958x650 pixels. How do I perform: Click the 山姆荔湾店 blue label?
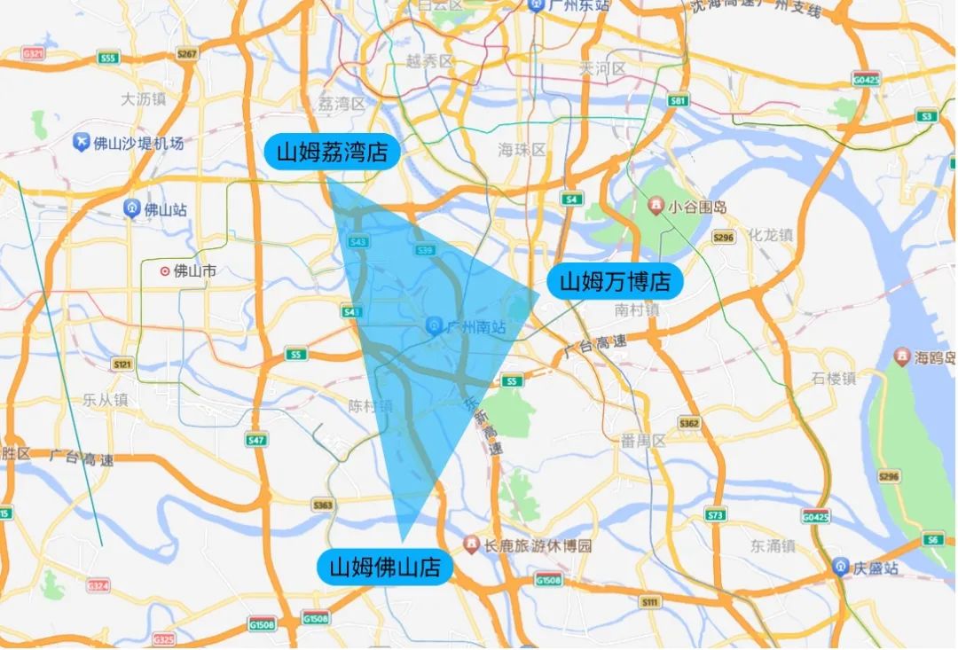[333, 152]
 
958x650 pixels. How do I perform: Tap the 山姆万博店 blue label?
[615, 282]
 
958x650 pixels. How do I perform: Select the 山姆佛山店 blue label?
[385, 566]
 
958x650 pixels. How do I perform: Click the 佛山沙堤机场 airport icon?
[82, 143]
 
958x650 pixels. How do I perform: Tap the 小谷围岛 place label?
[698, 207]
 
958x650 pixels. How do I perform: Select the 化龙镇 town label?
[767, 235]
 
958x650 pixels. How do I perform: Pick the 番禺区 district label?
[643, 441]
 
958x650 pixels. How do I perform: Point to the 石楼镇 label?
[834, 379]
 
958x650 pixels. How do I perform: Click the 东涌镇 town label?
[771, 545]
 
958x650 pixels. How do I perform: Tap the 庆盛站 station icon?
[840, 567]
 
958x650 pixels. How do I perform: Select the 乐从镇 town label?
[105, 400]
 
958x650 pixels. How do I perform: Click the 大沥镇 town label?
[143, 99]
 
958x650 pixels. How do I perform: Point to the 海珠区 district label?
[522, 150]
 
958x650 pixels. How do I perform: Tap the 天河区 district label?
[602, 68]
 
